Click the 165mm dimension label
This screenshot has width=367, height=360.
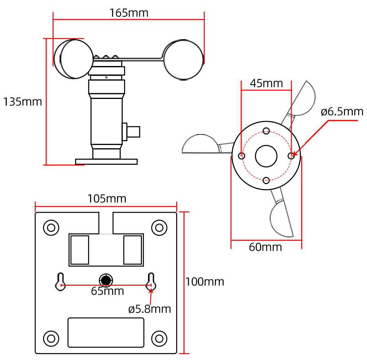(x=129, y=13)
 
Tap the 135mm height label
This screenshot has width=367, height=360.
(x=22, y=102)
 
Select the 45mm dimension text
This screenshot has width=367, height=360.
(x=266, y=83)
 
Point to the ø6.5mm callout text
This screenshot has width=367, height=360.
(x=342, y=112)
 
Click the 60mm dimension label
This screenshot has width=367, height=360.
(x=265, y=247)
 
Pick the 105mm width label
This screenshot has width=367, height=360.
(x=107, y=199)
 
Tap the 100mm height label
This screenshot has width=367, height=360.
(x=205, y=282)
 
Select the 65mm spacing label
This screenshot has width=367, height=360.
(x=107, y=291)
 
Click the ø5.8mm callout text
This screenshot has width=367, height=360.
(x=150, y=309)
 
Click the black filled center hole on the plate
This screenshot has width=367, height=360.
(x=106, y=280)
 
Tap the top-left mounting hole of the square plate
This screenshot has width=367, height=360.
(x=51, y=228)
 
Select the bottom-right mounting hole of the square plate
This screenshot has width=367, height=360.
(x=159, y=338)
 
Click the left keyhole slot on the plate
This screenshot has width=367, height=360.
(x=60, y=281)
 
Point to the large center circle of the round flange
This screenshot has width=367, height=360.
(x=266, y=156)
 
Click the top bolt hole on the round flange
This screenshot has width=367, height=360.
(x=266, y=131)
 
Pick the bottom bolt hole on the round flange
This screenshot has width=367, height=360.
(x=266, y=180)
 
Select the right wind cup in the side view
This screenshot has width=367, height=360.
(x=183, y=59)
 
